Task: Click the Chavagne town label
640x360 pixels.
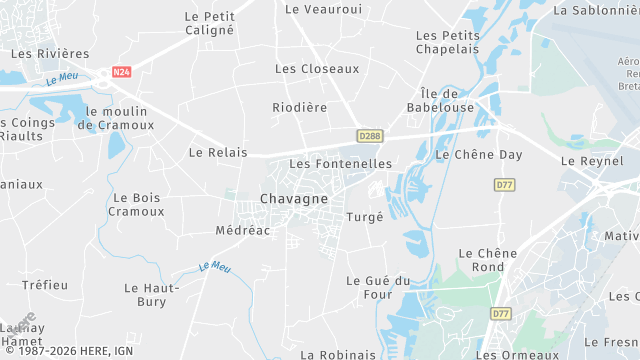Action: (294, 199)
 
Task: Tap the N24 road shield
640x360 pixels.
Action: (121, 72)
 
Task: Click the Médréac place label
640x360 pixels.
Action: (243, 230)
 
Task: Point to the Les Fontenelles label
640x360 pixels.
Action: (340, 163)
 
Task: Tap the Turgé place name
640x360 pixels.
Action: (364, 217)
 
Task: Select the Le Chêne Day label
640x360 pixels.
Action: (479, 155)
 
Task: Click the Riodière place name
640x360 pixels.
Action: (300, 106)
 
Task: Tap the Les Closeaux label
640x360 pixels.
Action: (317, 69)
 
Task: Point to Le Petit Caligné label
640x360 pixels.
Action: (210, 23)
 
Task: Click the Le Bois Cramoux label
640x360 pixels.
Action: (136, 205)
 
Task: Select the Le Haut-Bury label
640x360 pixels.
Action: (152, 294)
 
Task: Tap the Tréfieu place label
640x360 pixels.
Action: (45, 285)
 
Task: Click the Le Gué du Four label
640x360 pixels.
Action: (379, 287)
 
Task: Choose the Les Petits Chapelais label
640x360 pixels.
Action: (448, 42)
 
